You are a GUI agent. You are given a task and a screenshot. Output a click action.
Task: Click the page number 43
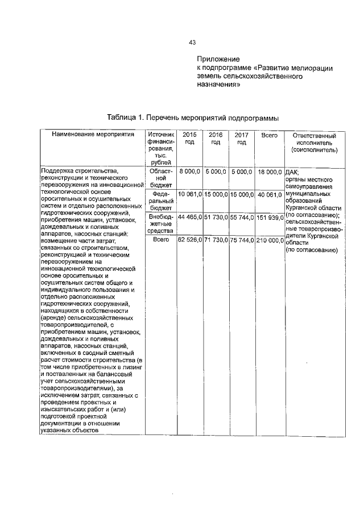192,43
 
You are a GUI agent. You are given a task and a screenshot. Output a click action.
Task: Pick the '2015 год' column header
189,139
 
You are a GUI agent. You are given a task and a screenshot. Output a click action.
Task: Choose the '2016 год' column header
216,139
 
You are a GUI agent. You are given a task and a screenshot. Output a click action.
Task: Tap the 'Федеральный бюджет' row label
160,201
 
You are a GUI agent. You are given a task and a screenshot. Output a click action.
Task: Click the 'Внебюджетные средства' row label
160,224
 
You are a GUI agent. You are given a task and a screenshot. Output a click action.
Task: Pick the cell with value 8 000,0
190,171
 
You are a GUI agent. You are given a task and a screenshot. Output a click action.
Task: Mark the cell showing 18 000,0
269,171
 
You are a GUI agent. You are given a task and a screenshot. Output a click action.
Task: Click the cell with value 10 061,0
190,194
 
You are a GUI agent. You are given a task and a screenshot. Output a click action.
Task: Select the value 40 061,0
269,194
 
